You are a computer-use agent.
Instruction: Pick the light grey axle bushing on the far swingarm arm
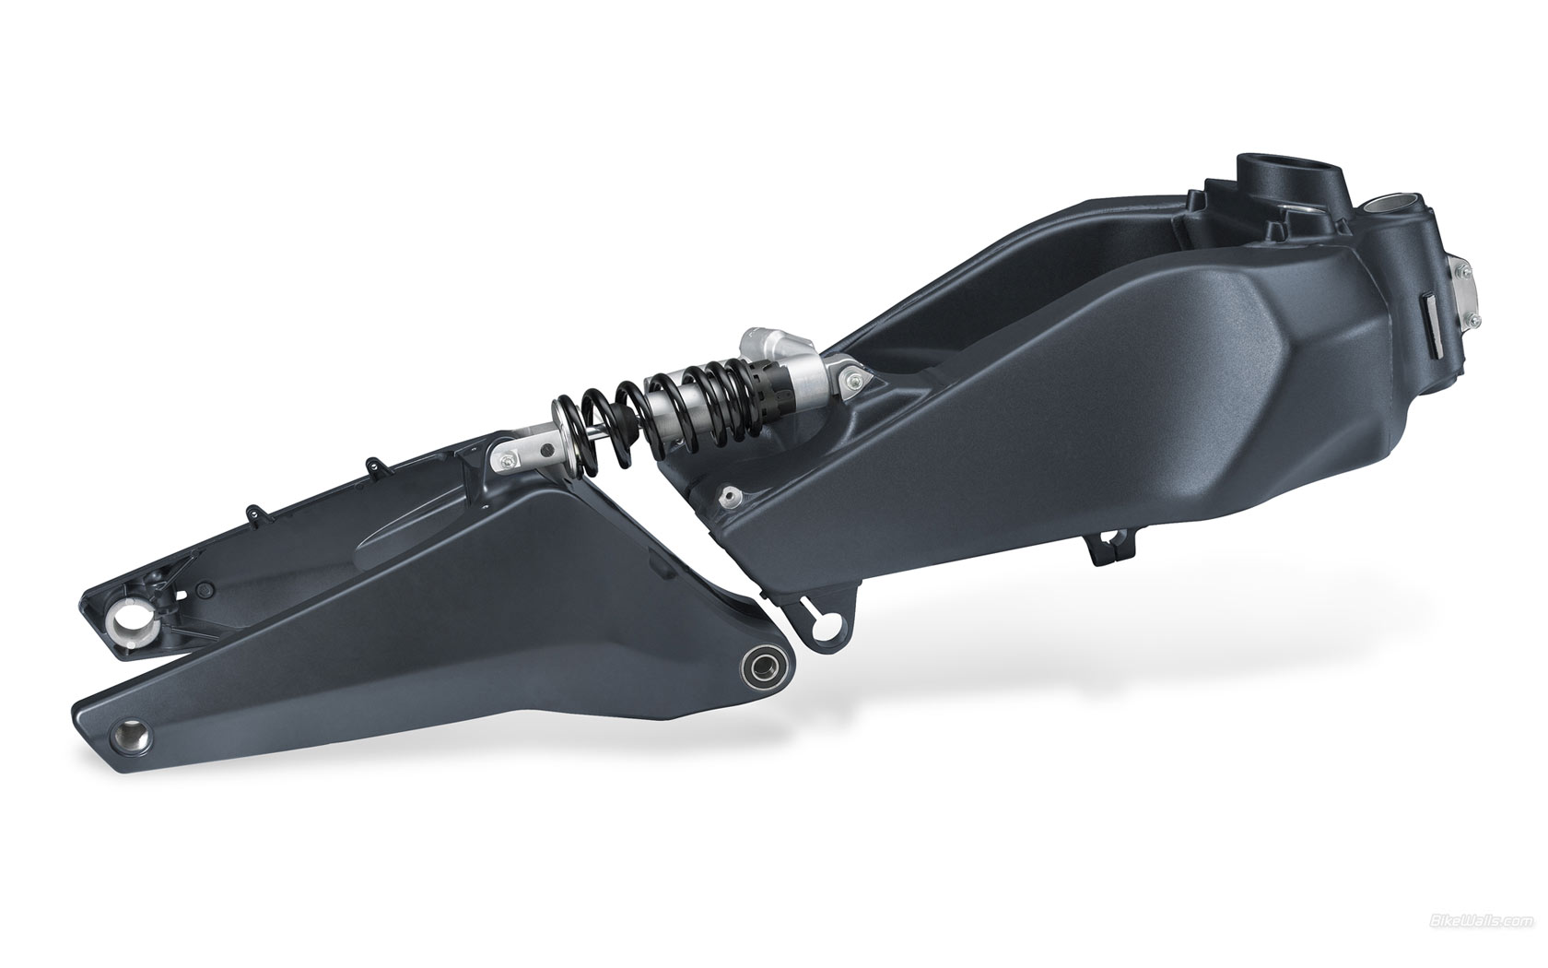131,619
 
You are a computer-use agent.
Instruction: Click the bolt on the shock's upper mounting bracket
855,378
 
